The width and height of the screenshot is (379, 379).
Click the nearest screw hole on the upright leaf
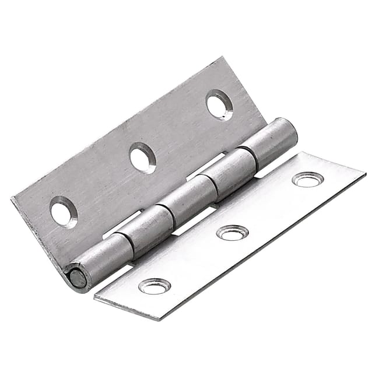(x=64, y=212)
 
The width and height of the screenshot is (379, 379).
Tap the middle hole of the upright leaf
(x=143, y=157)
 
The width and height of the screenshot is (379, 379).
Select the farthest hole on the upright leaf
(x=219, y=105)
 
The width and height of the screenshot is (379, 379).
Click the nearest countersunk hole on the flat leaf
(x=155, y=286)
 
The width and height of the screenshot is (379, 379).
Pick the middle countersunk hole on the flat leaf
(x=232, y=232)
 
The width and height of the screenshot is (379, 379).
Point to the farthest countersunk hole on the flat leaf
(x=308, y=180)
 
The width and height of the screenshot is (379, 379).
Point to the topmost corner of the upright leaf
(x=223, y=58)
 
